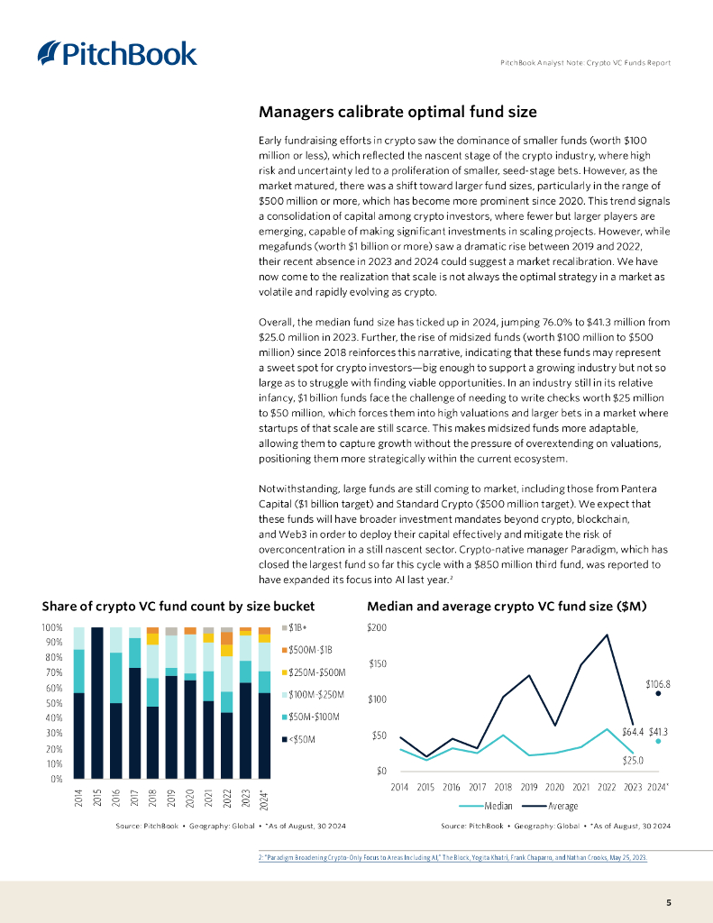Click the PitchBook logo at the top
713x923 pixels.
(117, 53)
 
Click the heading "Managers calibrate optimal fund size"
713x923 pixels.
(398, 112)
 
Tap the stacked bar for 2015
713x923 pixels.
(97, 702)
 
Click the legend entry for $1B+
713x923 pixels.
(297, 626)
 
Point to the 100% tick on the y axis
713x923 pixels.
(50, 627)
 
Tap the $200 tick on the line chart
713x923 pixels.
(377, 627)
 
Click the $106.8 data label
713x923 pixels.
(658, 684)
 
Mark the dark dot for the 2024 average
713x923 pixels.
(659, 694)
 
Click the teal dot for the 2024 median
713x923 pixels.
(659, 741)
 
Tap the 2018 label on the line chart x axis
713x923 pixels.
(503, 787)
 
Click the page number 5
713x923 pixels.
(668, 902)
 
